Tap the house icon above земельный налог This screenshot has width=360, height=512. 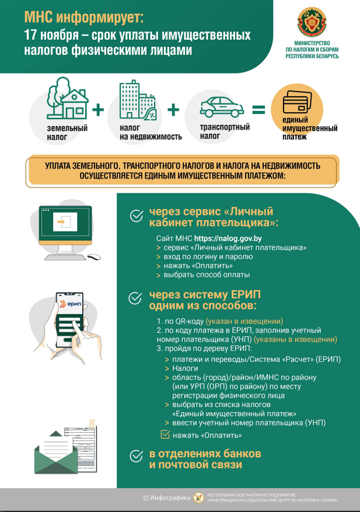pos(68,100)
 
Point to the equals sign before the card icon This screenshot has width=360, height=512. pos(258,110)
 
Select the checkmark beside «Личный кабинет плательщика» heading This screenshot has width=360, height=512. pos(136,217)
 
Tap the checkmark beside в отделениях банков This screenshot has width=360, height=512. pos(136,456)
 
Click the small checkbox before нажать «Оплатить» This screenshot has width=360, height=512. pos(165,434)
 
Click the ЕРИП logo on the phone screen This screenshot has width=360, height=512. pos(71,305)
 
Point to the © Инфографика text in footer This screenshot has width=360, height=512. pos(167,498)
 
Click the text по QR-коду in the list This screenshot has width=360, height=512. pos(183,321)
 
